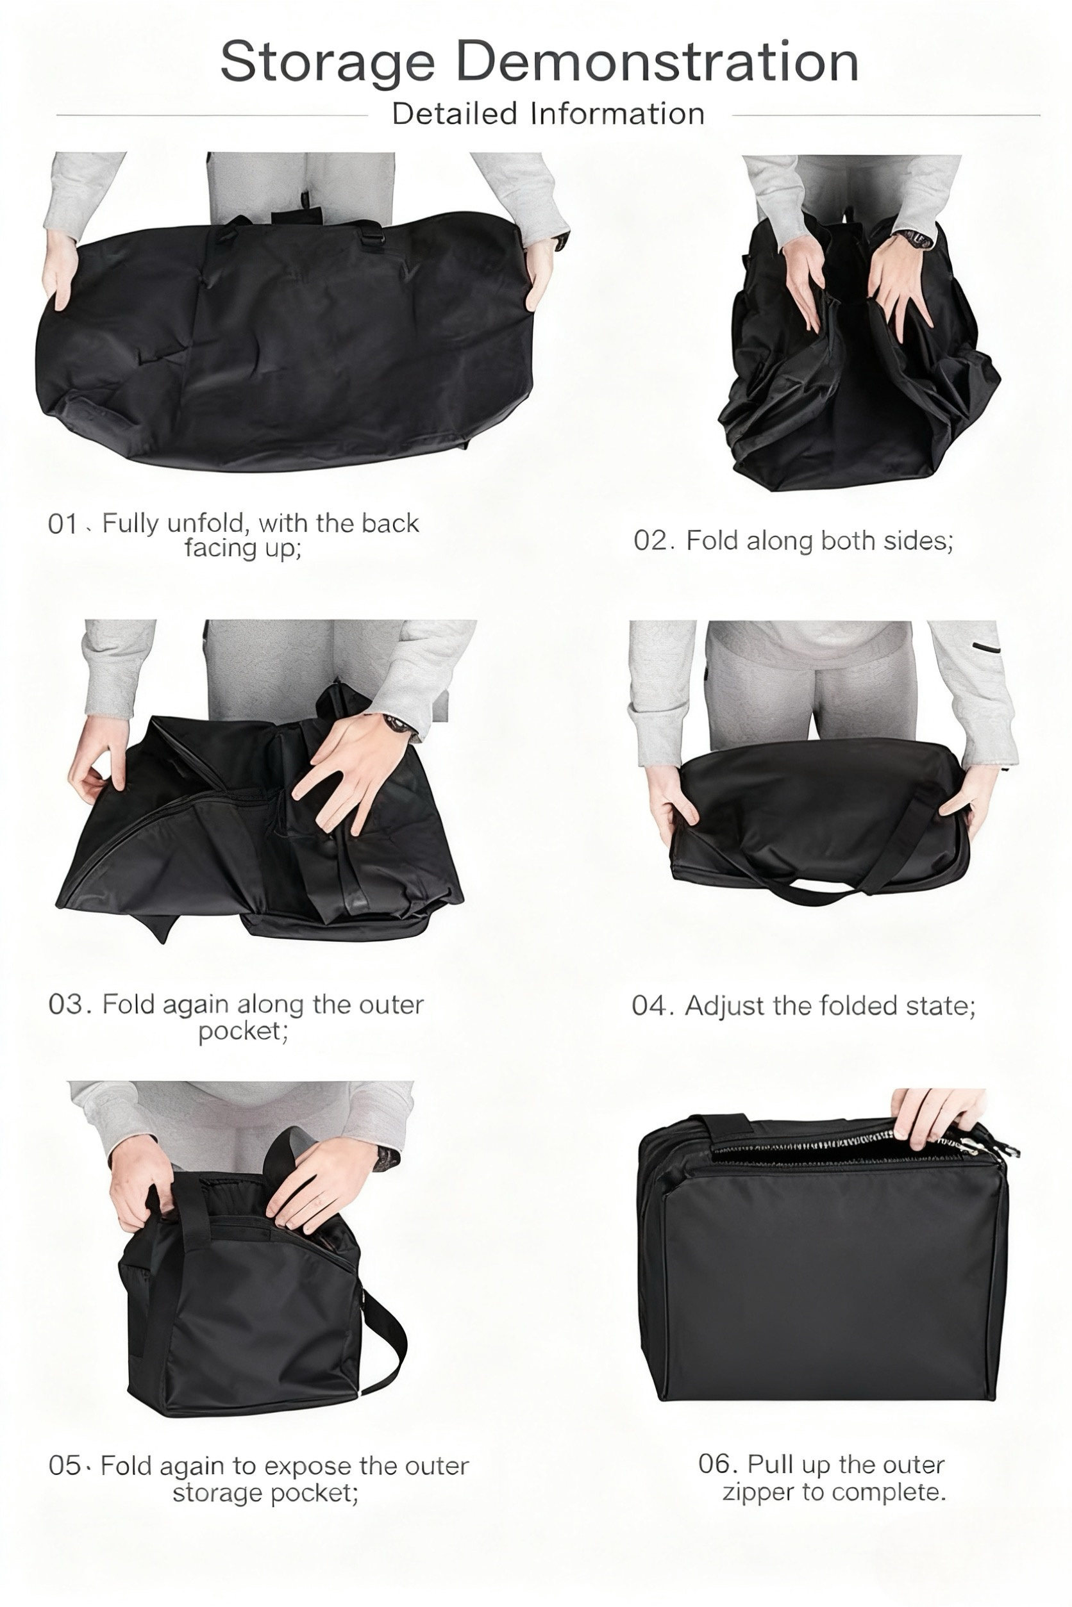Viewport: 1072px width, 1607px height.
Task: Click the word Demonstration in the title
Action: [x=657, y=62]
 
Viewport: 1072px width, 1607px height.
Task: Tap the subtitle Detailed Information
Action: [x=548, y=114]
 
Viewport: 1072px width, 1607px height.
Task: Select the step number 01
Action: [x=63, y=524]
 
